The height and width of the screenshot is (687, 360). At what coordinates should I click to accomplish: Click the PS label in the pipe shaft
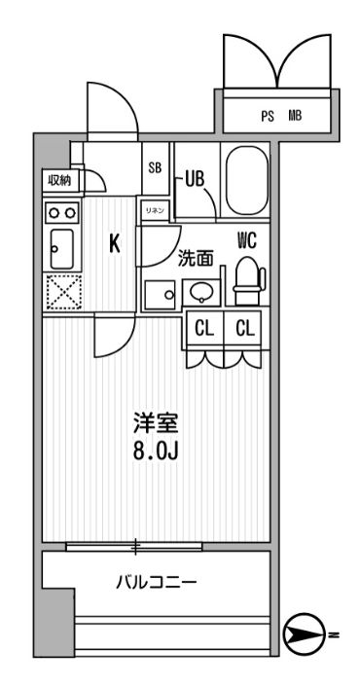coord(268,116)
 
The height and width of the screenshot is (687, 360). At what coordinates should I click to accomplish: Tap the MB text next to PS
coord(294,116)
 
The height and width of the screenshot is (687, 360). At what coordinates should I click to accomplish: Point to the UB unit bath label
coord(193,179)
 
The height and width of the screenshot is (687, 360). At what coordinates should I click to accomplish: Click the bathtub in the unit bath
coord(245,182)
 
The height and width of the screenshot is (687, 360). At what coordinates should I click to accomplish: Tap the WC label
coord(246,236)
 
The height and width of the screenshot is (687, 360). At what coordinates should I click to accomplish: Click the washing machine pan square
coord(158,294)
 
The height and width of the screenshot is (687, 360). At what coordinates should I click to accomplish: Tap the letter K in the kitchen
coord(114,244)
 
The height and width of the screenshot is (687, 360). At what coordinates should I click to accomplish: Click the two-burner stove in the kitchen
coord(62,212)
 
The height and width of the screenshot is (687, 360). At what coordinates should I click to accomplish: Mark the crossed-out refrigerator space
coord(62,290)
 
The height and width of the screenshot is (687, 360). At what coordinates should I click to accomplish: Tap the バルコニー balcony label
coord(157,583)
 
